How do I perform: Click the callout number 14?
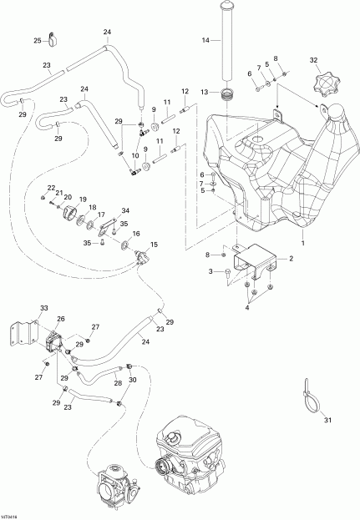(x=205, y=39)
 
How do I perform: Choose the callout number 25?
(x=38, y=41)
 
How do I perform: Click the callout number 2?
(x=291, y=260)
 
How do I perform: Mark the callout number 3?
(x=211, y=272)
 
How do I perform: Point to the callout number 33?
(x=43, y=308)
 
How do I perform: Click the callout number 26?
(x=60, y=319)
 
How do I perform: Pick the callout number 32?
(x=315, y=60)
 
